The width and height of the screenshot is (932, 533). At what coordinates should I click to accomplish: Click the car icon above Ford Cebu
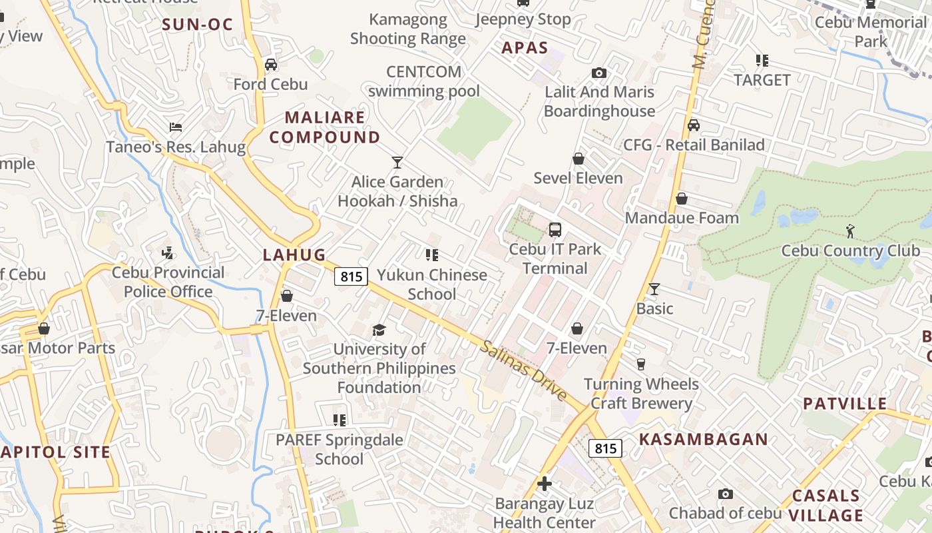271,65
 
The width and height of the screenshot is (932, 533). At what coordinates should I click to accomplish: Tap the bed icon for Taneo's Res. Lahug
176,127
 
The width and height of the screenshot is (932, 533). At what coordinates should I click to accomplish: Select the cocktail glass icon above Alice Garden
397,162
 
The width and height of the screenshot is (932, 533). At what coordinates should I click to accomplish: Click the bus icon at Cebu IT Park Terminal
555,230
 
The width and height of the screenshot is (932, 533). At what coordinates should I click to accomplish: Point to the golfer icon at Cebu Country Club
850,231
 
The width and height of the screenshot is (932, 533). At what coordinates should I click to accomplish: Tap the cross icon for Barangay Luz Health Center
545,484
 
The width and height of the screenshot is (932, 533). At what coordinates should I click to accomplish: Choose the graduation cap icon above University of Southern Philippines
379,330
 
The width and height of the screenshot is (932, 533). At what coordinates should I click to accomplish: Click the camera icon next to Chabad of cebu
726,494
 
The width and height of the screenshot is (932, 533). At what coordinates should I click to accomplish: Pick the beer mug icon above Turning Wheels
641,364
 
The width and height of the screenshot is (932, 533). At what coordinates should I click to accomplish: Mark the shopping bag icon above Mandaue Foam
682,199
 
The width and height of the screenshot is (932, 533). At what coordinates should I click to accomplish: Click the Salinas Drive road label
525,371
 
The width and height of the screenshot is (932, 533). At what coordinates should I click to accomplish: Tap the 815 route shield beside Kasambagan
605,448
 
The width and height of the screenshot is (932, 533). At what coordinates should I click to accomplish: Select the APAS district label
525,47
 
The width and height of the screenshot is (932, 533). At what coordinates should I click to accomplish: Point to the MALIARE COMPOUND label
325,127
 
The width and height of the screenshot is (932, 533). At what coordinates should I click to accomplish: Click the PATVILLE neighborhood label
845,404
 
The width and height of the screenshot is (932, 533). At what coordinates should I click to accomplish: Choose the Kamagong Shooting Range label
408,29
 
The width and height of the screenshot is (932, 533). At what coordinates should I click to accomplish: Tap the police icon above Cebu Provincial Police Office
168,253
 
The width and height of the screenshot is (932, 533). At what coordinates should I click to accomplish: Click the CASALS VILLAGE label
826,505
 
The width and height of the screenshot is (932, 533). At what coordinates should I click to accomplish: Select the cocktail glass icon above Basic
654,288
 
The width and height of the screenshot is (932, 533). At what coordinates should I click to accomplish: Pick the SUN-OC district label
198,25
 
